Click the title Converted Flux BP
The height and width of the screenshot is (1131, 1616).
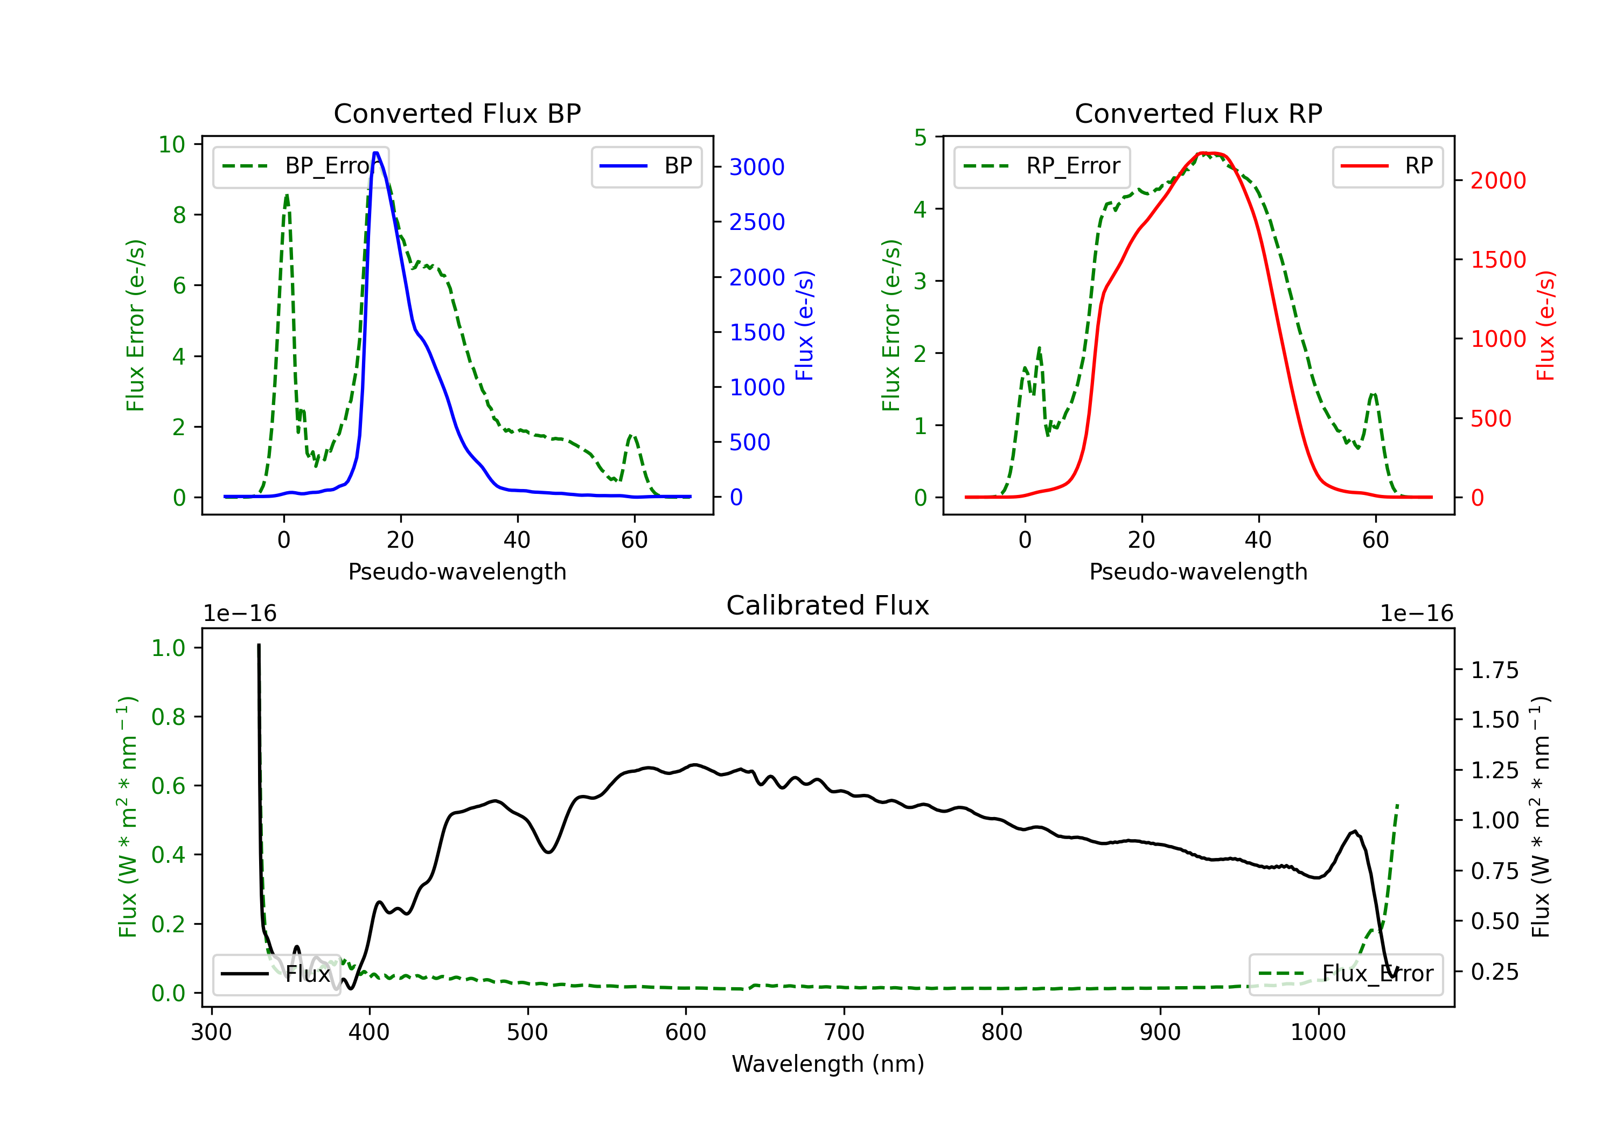457,113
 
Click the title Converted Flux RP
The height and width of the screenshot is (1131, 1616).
1199,113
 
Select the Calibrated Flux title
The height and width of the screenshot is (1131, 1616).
828,605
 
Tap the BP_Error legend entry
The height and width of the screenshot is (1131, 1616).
301,166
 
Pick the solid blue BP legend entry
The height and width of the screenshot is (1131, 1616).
646,166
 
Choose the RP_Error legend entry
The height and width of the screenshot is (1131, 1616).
1042,166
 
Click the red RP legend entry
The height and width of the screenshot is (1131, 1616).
1387,166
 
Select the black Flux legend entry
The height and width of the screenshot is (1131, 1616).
276,974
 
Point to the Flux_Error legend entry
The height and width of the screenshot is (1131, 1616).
1346,974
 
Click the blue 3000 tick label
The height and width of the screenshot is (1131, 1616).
757,167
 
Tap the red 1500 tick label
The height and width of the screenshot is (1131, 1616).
1499,260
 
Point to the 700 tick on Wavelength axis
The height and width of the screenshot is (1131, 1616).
844,1032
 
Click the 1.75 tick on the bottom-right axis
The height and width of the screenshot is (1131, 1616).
1495,670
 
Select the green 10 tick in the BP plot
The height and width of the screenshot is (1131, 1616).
172,144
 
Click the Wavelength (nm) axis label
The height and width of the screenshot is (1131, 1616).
828,1064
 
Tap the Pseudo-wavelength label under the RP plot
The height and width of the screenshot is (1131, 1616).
1199,571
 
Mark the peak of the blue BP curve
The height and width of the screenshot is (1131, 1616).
376,153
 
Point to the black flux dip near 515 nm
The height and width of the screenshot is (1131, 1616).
548,853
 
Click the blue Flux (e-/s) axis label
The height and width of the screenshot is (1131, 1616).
804,326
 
